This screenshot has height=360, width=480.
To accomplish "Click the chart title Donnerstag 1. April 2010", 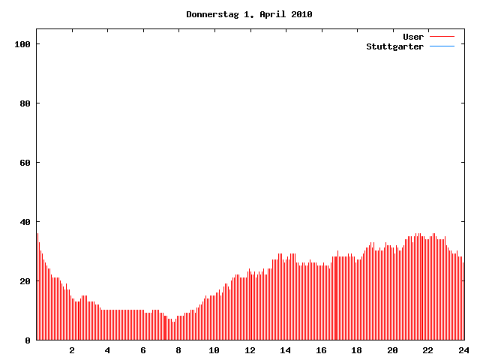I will (249, 14).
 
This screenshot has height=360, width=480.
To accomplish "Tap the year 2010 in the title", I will (301, 14).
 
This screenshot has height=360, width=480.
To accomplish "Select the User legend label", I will (413, 37).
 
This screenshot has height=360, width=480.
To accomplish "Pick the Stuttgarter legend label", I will (394, 46).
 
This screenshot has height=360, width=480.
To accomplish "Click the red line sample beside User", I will (442, 37).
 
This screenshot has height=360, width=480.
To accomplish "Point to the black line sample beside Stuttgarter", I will (442, 46).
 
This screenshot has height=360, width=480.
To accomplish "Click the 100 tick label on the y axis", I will (22, 44).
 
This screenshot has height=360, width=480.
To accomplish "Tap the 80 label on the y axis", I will (25, 103).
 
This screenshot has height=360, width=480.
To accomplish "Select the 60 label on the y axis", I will (25, 163).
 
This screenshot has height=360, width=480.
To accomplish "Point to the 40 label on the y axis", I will (25, 222).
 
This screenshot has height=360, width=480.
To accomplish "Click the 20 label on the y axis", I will (25, 281).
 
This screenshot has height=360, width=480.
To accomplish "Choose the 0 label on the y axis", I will (28, 340).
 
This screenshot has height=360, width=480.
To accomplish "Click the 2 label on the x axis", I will (72, 350).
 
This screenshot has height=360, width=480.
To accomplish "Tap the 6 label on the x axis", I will (143, 350).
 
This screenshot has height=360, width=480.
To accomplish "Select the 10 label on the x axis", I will (214, 350).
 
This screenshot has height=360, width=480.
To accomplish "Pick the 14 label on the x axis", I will (285, 350).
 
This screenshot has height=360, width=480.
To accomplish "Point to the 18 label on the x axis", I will (356, 350).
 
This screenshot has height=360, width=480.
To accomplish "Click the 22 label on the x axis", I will (427, 350).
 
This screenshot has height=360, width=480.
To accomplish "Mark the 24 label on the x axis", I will (463, 350).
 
